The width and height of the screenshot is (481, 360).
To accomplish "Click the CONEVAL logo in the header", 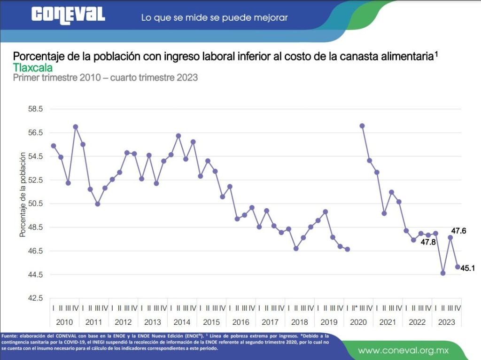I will tap(68, 15).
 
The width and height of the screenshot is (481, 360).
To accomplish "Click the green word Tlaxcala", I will tap(33, 67).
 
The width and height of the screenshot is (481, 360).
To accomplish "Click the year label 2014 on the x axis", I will tap(182, 322).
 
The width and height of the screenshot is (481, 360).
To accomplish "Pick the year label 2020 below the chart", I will tap(358, 322).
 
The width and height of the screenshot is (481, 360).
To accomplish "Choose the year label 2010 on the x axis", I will tap(64, 322).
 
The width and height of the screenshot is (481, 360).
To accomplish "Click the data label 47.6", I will tap(458, 231).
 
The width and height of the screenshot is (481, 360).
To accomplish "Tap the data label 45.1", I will tap(468, 268).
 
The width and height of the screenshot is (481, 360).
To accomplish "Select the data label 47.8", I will tap(428, 243).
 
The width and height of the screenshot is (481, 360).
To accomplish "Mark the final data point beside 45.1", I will tap(458, 267).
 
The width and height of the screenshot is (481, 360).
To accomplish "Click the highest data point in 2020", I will tap(362, 126).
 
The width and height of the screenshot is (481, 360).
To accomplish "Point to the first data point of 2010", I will tap(54, 146).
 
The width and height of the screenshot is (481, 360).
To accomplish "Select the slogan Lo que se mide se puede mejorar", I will tap(214, 18).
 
